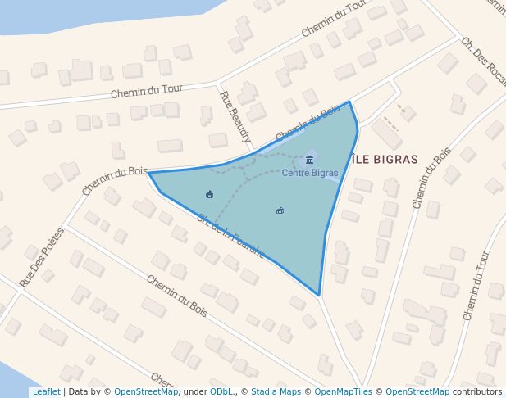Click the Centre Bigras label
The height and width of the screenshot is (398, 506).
pyautogui.click(x=309, y=173)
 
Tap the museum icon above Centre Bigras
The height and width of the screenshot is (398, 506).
pyautogui.click(x=309, y=159)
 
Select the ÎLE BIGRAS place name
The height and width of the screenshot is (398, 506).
pyautogui.click(x=384, y=160)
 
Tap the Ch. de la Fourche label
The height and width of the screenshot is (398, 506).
pyautogui.click(x=230, y=236)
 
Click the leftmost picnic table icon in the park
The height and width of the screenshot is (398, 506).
pyautogui.click(x=209, y=194)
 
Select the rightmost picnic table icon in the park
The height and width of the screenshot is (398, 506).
pyautogui.click(x=280, y=210)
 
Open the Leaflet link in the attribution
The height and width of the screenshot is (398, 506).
pyautogui.click(x=46, y=391)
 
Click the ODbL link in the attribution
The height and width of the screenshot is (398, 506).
pyautogui.click(x=221, y=391)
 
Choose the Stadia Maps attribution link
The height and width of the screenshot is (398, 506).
pyautogui.click(x=276, y=391)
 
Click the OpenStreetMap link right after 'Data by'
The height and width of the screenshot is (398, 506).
pyautogui.click(x=146, y=391)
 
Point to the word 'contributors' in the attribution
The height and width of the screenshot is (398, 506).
pyautogui.click(x=477, y=391)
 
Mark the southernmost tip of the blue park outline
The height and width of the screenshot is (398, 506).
pyautogui.click(x=319, y=295)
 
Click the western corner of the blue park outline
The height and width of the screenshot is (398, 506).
pyautogui.click(x=149, y=173)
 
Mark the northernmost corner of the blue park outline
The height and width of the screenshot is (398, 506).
pyautogui.click(x=349, y=102)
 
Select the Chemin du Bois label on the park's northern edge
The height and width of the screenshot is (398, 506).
pyautogui.click(x=307, y=124)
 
